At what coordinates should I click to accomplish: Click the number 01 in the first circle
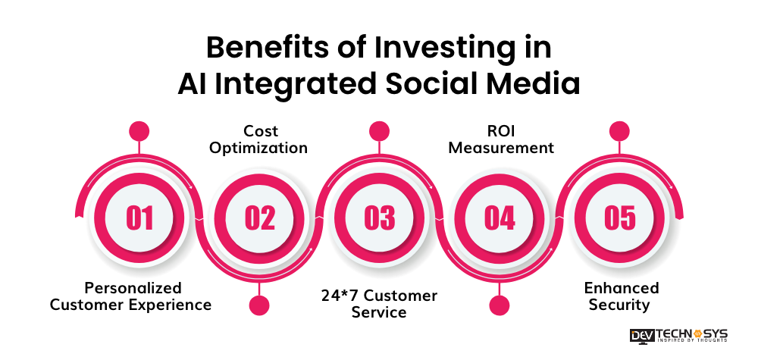click(x=139, y=218)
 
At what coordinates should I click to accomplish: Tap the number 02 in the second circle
click(x=259, y=218)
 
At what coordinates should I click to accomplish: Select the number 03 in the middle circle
click(x=379, y=218)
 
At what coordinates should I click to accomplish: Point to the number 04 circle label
click(x=499, y=218)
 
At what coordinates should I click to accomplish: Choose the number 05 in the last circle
click(x=619, y=218)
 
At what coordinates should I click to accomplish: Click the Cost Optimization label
click(x=258, y=139)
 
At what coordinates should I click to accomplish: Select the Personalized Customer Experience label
click(x=133, y=296)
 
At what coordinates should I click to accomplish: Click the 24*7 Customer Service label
click(x=379, y=303)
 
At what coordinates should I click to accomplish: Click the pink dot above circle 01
click(x=139, y=130)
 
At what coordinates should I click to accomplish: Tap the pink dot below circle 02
click(x=259, y=305)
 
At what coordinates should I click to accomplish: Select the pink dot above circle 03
click(x=379, y=130)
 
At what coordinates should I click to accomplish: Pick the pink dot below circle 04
click(x=499, y=305)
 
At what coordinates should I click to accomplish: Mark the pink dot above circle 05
click(x=619, y=130)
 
